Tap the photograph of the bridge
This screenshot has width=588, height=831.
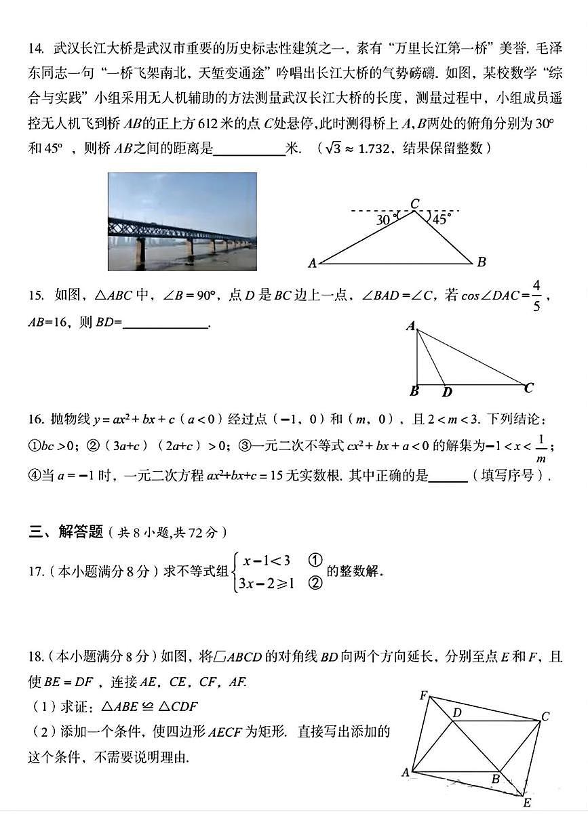pos(182,221)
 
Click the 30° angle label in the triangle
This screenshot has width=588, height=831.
pos(385,219)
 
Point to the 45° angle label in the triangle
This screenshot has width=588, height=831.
pos(442,218)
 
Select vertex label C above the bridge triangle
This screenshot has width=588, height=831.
pos(414,203)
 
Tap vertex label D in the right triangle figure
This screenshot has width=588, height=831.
pos(447,392)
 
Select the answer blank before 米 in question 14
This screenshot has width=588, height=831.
pos(249,149)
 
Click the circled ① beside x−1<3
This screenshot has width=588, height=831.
pos(314,561)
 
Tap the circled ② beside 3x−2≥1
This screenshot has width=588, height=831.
pos(314,582)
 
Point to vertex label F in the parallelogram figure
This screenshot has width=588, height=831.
pos(423,695)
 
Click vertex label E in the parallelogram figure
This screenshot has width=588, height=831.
pos(526,803)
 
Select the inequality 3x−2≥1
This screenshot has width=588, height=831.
pos(266,582)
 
